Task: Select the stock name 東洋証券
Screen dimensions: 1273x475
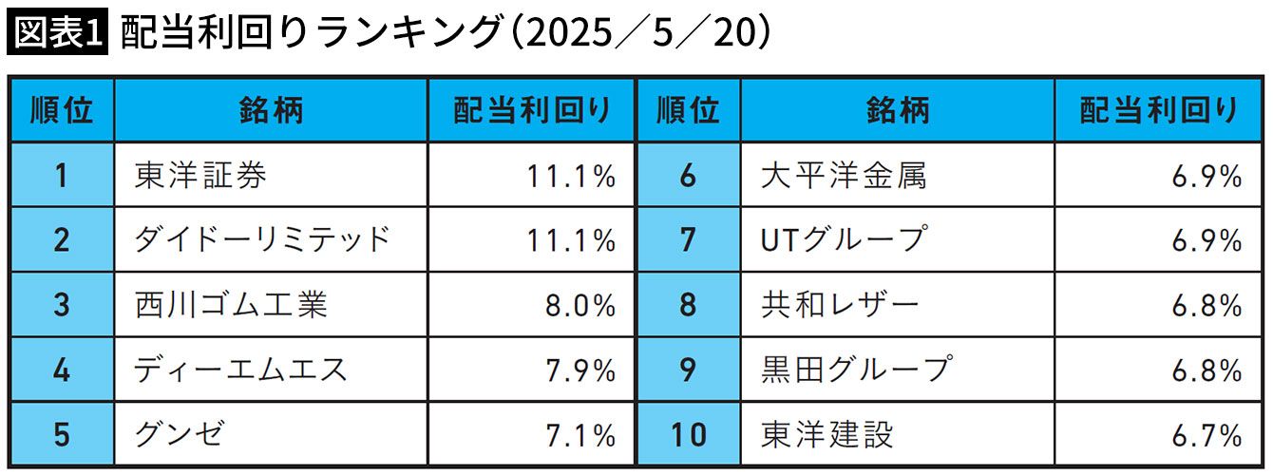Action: click(200, 175)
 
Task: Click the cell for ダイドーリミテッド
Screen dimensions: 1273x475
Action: click(262, 239)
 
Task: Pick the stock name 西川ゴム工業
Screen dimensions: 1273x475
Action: click(231, 305)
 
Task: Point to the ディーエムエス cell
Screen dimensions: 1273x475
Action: click(240, 370)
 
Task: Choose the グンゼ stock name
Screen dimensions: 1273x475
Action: click(180, 434)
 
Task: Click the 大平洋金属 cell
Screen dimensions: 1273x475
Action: click(844, 175)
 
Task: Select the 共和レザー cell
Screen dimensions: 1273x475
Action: click(840, 305)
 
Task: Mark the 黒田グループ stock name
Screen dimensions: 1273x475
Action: click(857, 370)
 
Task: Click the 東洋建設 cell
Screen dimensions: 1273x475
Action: click(826, 434)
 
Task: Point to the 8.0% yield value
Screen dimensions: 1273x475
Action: click(580, 306)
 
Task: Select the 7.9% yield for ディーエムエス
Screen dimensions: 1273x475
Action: click(580, 370)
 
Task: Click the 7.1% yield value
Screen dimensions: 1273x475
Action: click(580, 436)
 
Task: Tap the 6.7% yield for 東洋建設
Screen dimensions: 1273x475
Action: click(1206, 436)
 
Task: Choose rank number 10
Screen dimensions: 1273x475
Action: click(689, 435)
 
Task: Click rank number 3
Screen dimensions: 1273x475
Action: click(62, 305)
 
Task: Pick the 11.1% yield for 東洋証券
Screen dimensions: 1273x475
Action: click(571, 176)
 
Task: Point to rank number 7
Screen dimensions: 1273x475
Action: click(688, 239)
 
